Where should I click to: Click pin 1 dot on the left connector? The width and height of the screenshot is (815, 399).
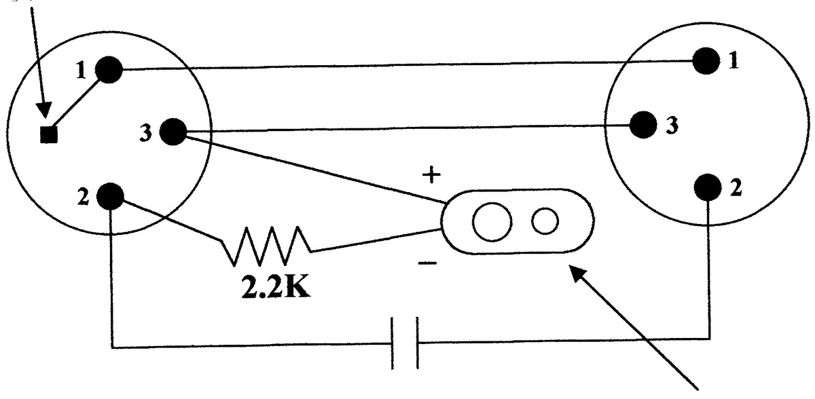click(109, 70)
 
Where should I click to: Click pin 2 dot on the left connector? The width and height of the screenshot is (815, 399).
click(110, 196)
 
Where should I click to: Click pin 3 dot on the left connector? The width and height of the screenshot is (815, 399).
click(173, 132)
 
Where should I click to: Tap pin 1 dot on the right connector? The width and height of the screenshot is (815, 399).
click(706, 60)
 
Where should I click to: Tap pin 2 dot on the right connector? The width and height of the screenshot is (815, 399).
click(708, 187)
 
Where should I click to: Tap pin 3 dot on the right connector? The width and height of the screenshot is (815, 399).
click(643, 125)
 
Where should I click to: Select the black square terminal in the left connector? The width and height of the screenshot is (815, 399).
click(49, 135)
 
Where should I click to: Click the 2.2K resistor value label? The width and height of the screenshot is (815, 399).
click(276, 288)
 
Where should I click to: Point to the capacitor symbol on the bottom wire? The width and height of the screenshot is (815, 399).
click(405, 343)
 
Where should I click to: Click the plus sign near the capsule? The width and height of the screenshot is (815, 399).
click(431, 175)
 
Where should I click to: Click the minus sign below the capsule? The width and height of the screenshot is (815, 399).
click(427, 263)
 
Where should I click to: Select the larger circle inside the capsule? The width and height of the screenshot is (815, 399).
click(492, 221)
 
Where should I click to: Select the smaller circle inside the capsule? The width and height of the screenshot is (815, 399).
click(545, 221)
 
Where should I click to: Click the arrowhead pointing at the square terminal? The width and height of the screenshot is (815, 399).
click(44, 110)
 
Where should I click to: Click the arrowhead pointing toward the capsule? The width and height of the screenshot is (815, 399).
click(579, 275)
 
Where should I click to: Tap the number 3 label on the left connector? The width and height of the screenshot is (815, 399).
click(145, 132)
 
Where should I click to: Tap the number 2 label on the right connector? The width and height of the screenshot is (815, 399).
click(736, 188)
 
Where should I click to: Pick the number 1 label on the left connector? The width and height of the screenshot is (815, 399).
click(81, 70)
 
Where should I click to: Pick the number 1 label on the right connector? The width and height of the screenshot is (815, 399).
click(734, 60)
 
